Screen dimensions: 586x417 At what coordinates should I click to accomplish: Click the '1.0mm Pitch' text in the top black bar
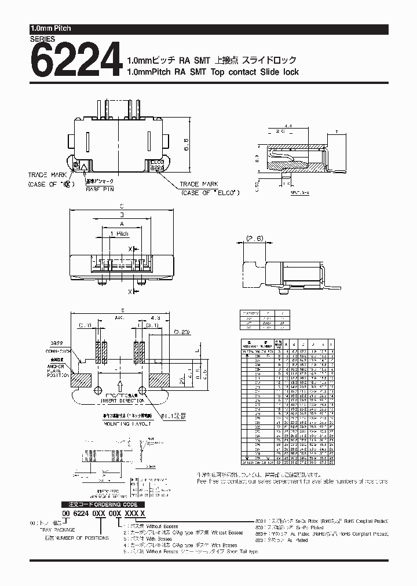pos(50,28)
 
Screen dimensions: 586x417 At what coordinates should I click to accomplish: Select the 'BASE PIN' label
pos(99,189)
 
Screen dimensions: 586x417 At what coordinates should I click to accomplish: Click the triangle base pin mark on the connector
pos(85,168)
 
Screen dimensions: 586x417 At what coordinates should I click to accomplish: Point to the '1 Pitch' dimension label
pos(119,233)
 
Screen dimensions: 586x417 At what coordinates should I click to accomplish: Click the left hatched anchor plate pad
pos(82,380)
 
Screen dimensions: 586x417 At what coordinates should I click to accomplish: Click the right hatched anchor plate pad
pos(160,380)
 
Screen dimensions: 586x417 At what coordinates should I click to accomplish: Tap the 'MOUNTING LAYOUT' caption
pos(120,424)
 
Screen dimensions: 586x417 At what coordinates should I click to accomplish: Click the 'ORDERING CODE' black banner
pos(101,504)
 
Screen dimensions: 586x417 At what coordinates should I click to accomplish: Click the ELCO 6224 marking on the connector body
pos(156,166)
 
